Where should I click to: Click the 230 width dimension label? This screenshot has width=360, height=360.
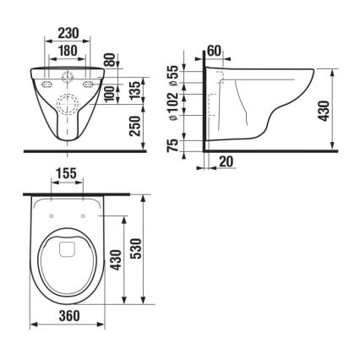click(68, 33)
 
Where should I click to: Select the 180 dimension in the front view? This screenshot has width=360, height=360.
click(68, 52)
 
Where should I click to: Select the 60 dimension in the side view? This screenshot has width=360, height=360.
click(214, 52)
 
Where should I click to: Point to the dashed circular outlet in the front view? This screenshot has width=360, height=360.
click(68, 106)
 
